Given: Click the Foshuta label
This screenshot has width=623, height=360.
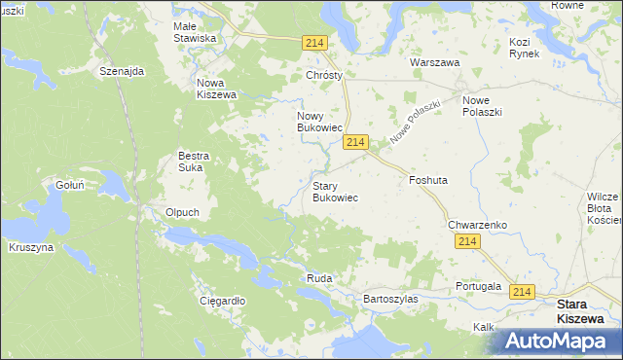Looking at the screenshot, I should pyautogui.click(x=428, y=180).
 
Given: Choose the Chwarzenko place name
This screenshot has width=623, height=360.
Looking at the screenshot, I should pyautogui.click(x=477, y=225).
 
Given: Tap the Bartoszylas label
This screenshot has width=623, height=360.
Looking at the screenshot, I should pyautogui.click(x=389, y=299).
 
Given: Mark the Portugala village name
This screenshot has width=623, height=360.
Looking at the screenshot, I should pyautogui.click(x=478, y=287).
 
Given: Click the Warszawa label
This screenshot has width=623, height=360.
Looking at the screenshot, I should pyautogui.click(x=434, y=62).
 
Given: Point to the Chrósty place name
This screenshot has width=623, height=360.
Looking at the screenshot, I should pyautogui.click(x=326, y=75).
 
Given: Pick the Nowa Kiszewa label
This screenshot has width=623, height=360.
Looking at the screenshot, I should pyautogui.click(x=216, y=89).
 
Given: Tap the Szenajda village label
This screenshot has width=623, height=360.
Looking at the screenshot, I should pyautogui.click(x=122, y=72).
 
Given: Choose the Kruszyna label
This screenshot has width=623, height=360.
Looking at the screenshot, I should pyautogui.click(x=32, y=248).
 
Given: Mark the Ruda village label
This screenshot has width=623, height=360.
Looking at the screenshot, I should pyautogui.click(x=319, y=278).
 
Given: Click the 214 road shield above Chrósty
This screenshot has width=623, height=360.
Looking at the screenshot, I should pyautogui.click(x=313, y=43).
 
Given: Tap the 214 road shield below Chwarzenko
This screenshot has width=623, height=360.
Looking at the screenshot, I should pyautogui.click(x=468, y=242).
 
